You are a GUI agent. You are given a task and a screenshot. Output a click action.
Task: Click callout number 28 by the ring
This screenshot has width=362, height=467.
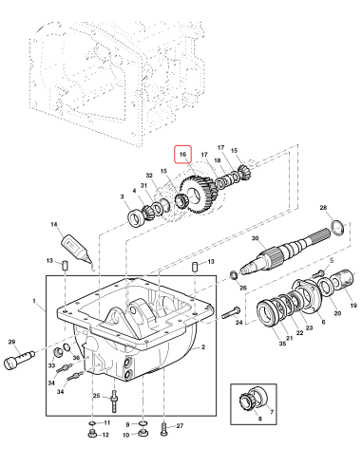323,207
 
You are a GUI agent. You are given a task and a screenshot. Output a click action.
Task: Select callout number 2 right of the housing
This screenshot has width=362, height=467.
202,348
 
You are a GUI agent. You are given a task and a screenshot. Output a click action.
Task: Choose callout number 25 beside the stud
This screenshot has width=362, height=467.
96,395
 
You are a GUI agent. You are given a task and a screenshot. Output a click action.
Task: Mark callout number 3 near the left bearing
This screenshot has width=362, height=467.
123,196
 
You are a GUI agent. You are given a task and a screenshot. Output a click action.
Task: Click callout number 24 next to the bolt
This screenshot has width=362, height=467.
213,323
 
